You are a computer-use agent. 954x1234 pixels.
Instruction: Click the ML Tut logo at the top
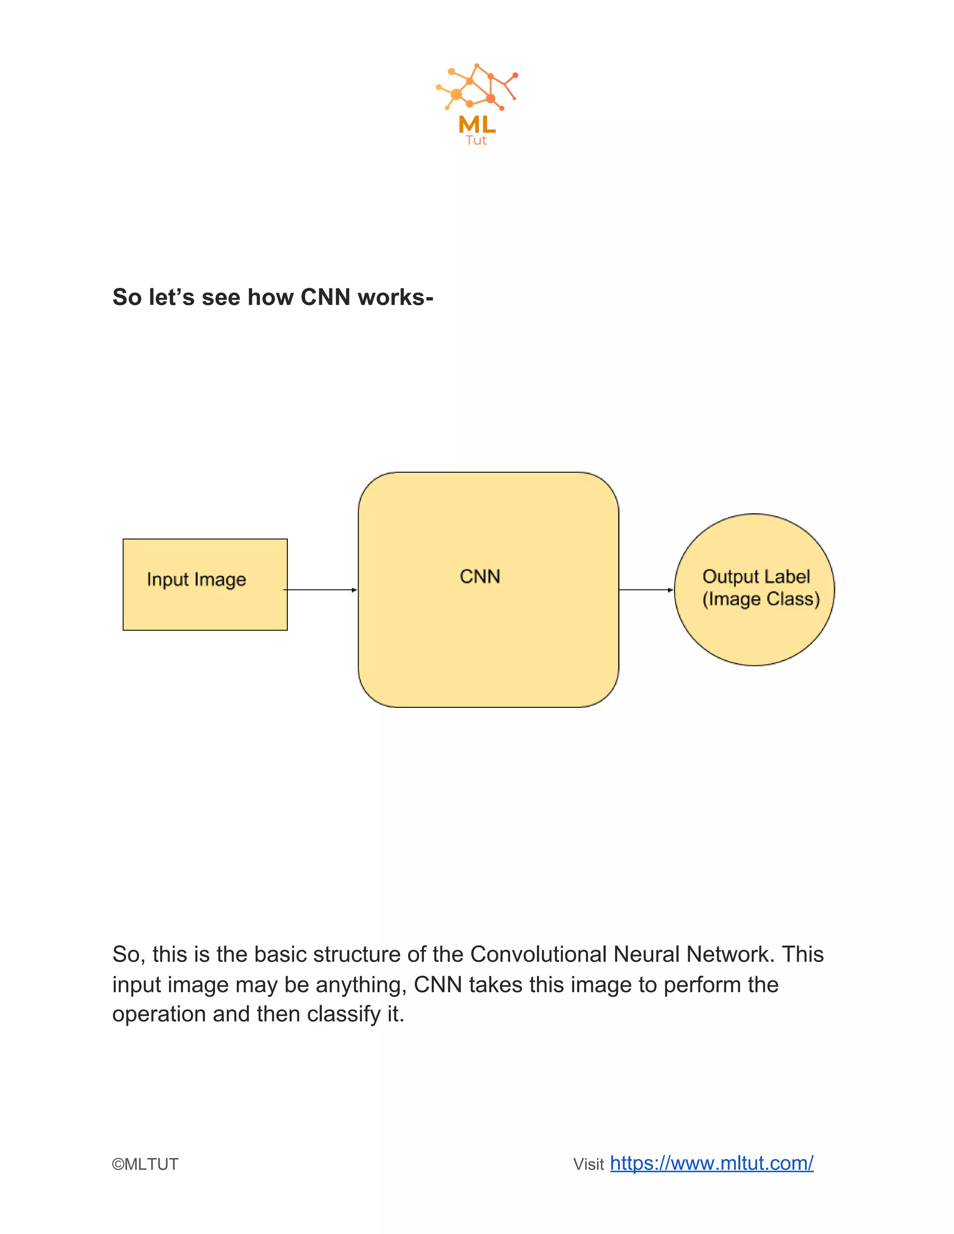pos(477,104)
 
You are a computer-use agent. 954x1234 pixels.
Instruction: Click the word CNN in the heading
pos(326,297)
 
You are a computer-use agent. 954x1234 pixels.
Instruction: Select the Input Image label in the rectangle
pos(196,580)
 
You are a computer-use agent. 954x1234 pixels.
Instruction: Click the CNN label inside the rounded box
pos(480,576)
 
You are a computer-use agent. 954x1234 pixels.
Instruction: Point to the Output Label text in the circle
pos(756,576)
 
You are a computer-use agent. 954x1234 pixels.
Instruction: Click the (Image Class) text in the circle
pos(761,599)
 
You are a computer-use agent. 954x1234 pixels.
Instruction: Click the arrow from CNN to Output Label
pos(646,590)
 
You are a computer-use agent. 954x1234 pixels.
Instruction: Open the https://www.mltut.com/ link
pos(712,1163)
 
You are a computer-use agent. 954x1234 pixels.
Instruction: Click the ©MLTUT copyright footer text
pos(145,1165)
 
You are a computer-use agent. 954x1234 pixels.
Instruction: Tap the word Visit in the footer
pos(588,1165)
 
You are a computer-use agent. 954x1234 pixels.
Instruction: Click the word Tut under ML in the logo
pos(476,141)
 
